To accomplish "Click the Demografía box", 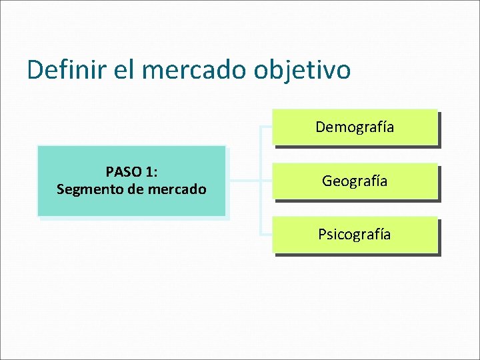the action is pyautogui.click(x=355, y=127).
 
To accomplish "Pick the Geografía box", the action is pyautogui.click(x=355, y=181).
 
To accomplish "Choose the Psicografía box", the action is pyautogui.click(x=355, y=235).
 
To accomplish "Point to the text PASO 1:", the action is pyautogui.click(x=131, y=172).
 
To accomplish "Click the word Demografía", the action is pyautogui.click(x=355, y=127).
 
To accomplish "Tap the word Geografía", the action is pyautogui.click(x=355, y=181).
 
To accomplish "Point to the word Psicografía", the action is pyautogui.click(x=355, y=235).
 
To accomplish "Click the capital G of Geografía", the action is pyautogui.click(x=327, y=181).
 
